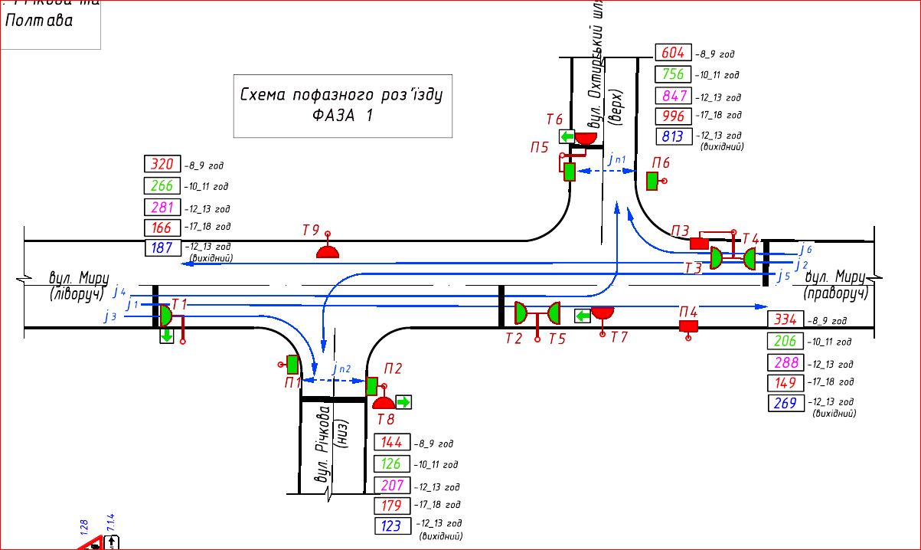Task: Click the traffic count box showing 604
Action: [x=673, y=53]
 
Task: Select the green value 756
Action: [x=673, y=74]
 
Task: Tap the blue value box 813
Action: [x=673, y=137]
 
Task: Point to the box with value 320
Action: [x=162, y=164]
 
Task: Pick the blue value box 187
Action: [x=162, y=247]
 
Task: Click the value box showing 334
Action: [x=785, y=319]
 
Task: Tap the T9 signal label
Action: [x=310, y=230]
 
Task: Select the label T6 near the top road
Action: [x=554, y=119]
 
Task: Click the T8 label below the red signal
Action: [x=386, y=420]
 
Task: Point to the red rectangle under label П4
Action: [x=688, y=326]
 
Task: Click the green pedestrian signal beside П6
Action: [x=652, y=181]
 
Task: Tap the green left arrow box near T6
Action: [x=567, y=137]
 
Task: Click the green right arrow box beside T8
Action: [x=403, y=401]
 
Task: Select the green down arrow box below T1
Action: [x=166, y=336]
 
